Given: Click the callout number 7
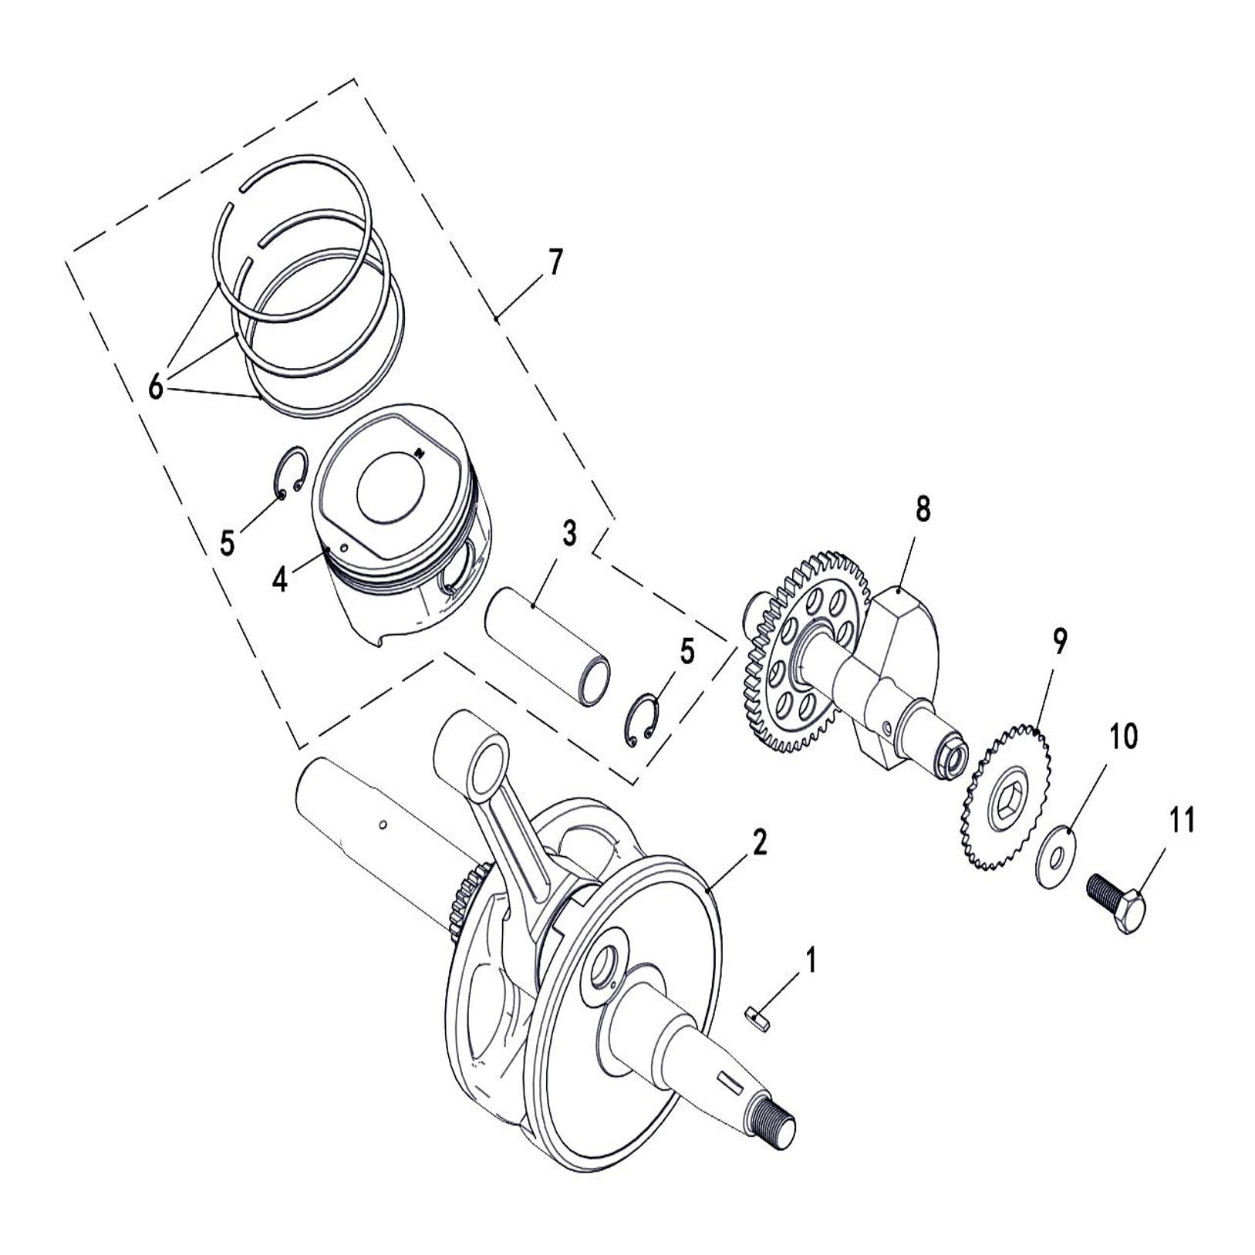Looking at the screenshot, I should (x=555, y=263).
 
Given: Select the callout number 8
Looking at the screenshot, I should (x=923, y=510).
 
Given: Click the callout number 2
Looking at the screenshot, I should (x=759, y=843).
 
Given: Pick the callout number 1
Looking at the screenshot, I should (x=809, y=961).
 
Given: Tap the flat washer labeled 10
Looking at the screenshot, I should (x=1054, y=854).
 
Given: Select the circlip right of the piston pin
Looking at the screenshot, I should (x=641, y=720).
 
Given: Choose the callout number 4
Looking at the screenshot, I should (x=280, y=579).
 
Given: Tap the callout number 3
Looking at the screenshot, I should (x=568, y=533).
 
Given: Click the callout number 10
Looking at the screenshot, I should (x=1122, y=737).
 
